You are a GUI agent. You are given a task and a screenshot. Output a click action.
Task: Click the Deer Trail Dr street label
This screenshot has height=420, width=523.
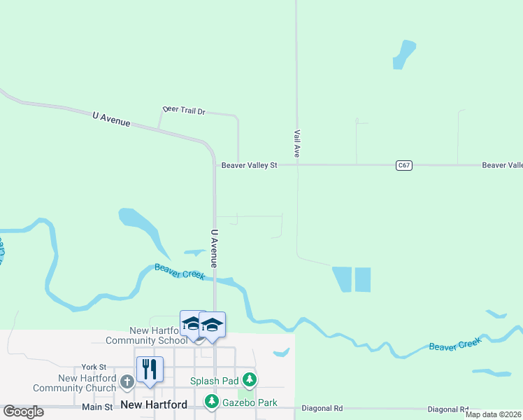click(x=184, y=111)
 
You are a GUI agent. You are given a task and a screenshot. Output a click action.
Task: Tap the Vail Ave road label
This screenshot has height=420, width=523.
click(x=296, y=141)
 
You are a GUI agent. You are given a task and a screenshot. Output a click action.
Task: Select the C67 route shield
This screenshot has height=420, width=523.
click(x=403, y=165)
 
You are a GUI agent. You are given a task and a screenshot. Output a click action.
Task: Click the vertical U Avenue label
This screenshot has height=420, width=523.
click(x=215, y=248)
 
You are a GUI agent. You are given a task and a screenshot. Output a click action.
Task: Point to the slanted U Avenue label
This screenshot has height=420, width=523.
click(x=111, y=119)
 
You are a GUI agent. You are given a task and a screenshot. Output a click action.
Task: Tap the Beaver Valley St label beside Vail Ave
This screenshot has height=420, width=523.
click(x=250, y=165)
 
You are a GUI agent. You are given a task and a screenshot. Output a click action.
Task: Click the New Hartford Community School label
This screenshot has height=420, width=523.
click(x=148, y=335)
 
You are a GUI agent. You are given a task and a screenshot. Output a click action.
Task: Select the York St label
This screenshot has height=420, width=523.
click(x=93, y=367)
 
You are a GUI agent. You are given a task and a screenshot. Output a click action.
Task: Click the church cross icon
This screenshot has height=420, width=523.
click(x=127, y=382)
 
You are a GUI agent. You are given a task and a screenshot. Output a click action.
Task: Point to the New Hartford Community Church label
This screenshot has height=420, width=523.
click(x=74, y=383)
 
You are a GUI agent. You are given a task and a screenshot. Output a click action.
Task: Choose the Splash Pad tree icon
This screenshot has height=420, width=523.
click(x=250, y=381)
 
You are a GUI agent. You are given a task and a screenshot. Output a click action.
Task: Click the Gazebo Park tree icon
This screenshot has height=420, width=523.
click(x=211, y=402)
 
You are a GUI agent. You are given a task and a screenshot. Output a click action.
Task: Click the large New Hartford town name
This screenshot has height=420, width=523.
click(x=154, y=405)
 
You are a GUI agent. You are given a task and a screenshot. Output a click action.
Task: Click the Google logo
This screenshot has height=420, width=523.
click(x=22, y=411)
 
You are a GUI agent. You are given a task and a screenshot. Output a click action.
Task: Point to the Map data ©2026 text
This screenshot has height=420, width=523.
click(x=493, y=414)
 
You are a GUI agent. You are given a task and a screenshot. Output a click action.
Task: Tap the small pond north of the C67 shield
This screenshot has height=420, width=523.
click(x=403, y=54)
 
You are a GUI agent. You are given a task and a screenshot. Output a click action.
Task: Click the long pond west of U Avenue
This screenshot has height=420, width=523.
click(x=145, y=228)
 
